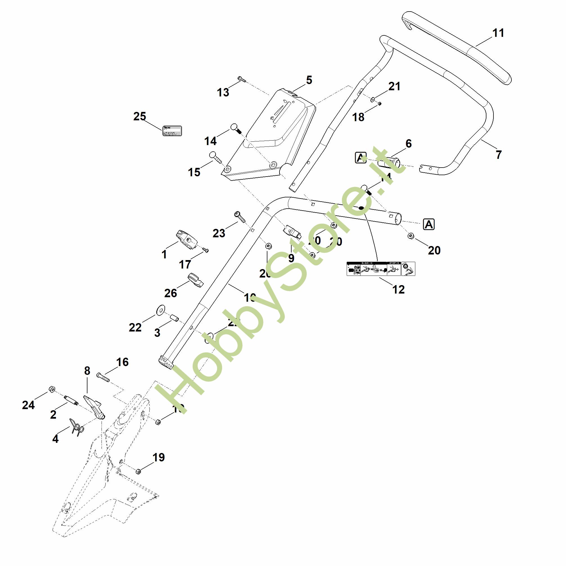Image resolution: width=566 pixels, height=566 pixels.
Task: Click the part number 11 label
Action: (498, 33)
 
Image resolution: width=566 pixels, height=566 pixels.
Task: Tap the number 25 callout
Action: (139, 117)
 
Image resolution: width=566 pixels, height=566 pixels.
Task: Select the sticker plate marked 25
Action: (172, 131)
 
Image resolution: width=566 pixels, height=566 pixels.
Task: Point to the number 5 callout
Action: (309, 80)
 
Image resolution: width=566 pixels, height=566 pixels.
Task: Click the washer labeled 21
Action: (373, 100)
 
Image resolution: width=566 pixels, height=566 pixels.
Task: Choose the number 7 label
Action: (499, 154)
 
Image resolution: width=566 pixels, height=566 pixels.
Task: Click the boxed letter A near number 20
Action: (429, 225)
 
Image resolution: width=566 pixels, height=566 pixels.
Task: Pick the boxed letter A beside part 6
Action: (361, 158)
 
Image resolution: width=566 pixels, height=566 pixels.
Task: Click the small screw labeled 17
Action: (206, 250)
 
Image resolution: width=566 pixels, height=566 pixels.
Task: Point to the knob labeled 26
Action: (195, 279)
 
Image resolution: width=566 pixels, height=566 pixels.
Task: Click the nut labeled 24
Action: (51, 389)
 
